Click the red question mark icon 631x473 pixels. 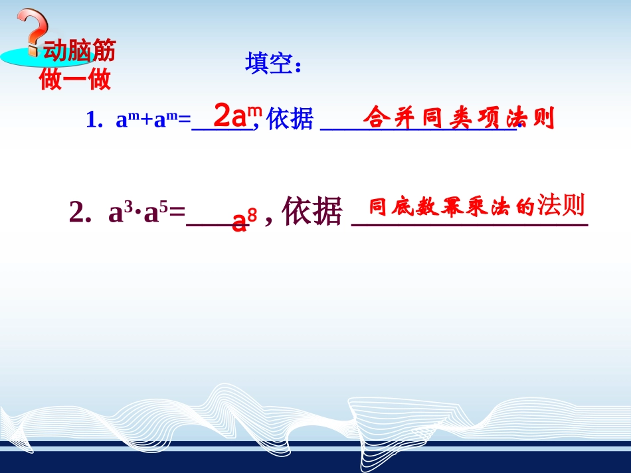click(x=31, y=30)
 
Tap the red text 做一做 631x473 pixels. click(x=75, y=80)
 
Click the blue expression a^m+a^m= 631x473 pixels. click(x=153, y=120)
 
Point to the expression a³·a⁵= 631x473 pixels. click(x=146, y=212)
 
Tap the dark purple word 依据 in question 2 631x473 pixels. click(x=312, y=212)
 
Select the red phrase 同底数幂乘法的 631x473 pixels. click(x=452, y=208)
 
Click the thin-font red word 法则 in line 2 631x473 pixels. click(x=561, y=206)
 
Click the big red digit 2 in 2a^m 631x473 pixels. click(x=223, y=115)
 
